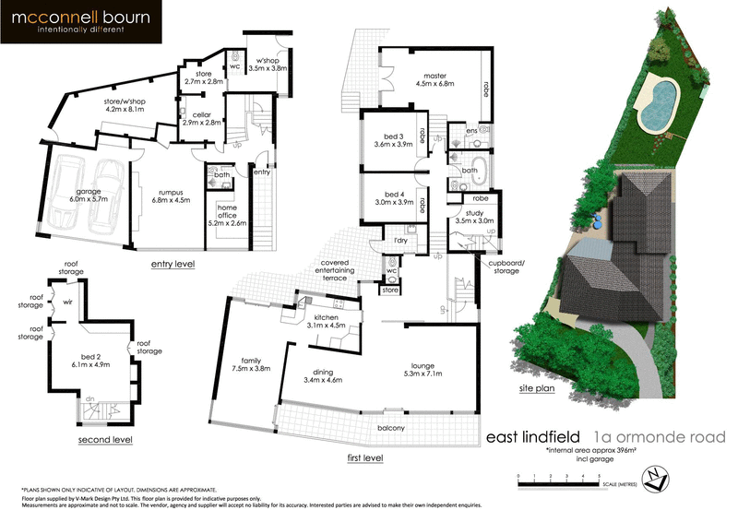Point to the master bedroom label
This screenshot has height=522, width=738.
[x=441, y=81]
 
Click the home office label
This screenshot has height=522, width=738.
[x=226, y=216]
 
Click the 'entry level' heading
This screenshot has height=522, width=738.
[x=173, y=264]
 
